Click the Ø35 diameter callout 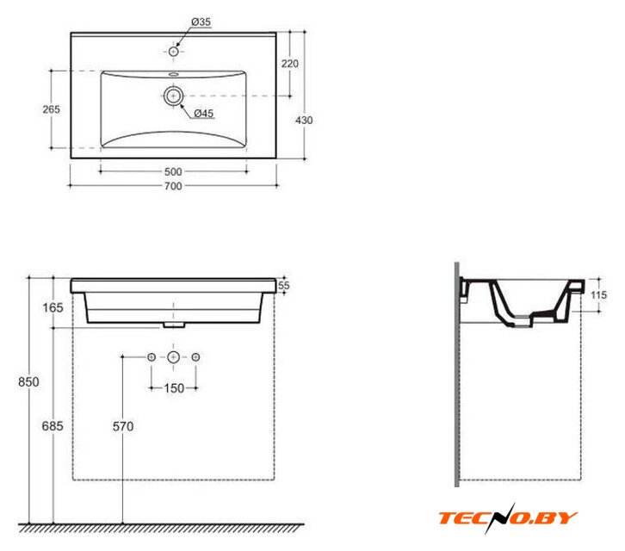pos(201,22)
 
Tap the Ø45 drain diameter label pos(204,114)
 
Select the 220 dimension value pos(290,64)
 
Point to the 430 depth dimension pos(304,120)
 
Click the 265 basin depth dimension pos(52,109)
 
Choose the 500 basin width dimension pos(173,172)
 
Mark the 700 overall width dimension pos(173,186)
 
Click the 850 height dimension pos(28,382)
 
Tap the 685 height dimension pos(53,426)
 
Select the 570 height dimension pos(123,427)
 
